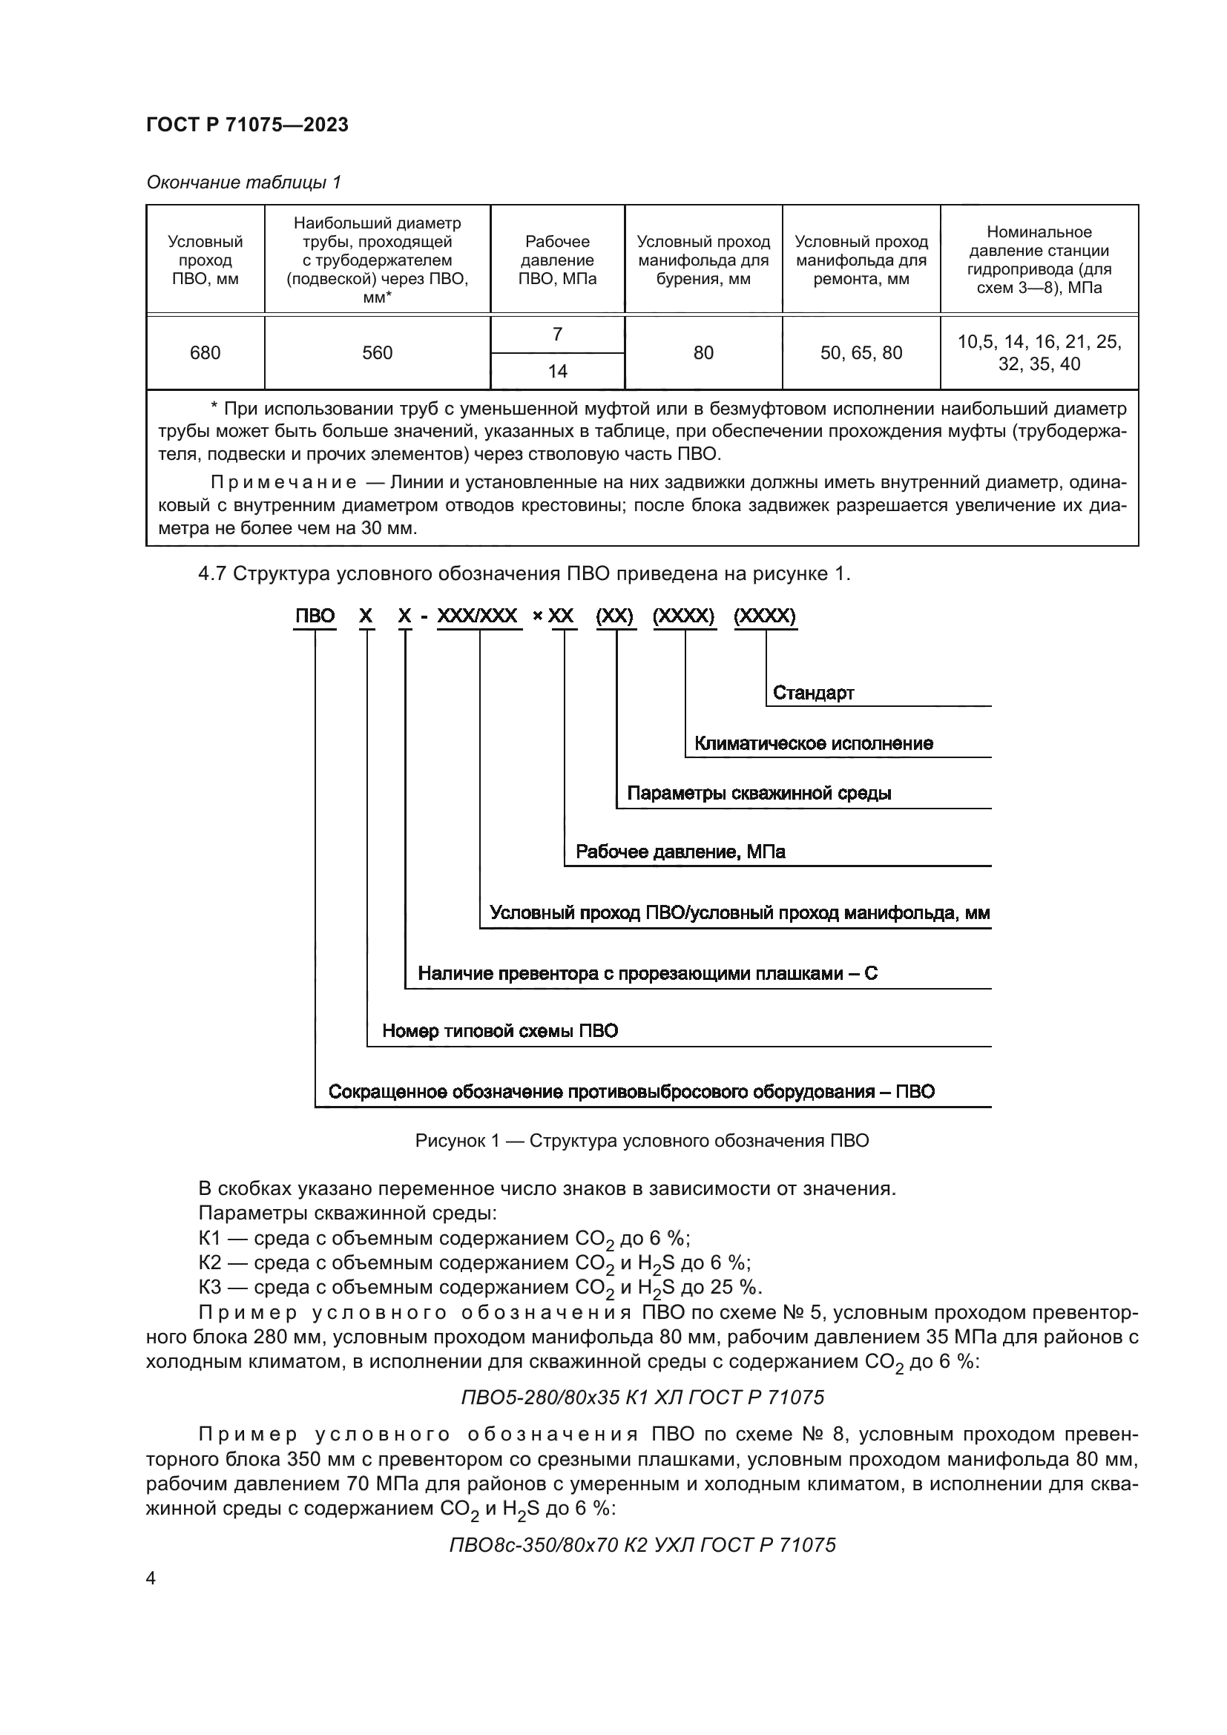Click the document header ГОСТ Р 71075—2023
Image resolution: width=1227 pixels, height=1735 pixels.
pyautogui.click(x=247, y=125)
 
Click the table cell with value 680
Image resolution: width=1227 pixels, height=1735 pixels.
pyautogui.click(x=205, y=353)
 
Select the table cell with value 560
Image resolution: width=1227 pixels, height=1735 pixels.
pyautogui.click(x=377, y=353)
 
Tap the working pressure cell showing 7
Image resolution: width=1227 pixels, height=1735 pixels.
pyautogui.click(x=557, y=335)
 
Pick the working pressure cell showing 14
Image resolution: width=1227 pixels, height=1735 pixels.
pyautogui.click(x=557, y=371)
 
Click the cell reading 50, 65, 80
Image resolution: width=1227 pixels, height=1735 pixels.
pyautogui.click(x=861, y=353)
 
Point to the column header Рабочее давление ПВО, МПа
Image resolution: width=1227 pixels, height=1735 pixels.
pyautogui.click(x=557, y=260)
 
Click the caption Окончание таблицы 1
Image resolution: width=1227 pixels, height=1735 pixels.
pyautogui.click(x=243, y=182)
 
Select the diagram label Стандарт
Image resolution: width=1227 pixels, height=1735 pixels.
pyautogui.click(x=813, y=693)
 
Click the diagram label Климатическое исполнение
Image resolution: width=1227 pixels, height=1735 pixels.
pyautogui.click(x=813, y=743)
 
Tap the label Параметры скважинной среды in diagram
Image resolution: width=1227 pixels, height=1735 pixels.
pyautogui.click(x=759, y=794)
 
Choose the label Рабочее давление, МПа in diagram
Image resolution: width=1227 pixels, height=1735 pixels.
pyautogui.click(x=680, y=852)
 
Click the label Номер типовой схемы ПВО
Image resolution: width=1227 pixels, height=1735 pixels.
pyautogui.click(x=499, y=1031)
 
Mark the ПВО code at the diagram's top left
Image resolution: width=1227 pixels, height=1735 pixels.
pyautogui.click(x=315, y=616)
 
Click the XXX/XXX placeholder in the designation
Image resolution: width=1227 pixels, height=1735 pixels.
pyautogui.click(x=478, y=616)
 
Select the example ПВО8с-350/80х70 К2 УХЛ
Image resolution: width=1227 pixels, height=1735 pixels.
pyautogui.click(x=642, y=1544)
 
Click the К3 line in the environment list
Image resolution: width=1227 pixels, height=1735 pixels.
pyautogui.click(x=481, y=1287)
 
